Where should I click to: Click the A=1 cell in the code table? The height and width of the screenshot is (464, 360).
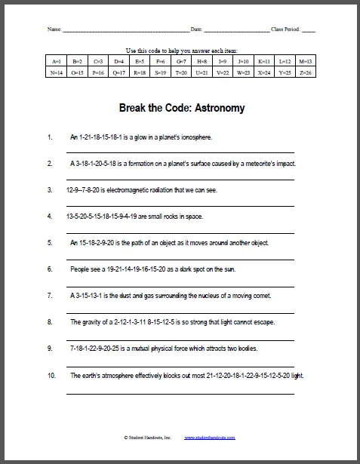click(x=57, y=60)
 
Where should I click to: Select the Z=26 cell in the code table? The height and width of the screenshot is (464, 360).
click(x=306, y=72)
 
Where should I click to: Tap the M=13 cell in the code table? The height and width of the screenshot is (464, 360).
click(x=306, y=60)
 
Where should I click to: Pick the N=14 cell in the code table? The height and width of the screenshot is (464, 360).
click(x=57, y=72)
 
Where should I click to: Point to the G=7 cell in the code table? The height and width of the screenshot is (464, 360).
click(x=181, y=60)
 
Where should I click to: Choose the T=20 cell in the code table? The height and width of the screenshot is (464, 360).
click(x=181, y=72)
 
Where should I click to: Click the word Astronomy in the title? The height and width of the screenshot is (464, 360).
click(x=220, y=108)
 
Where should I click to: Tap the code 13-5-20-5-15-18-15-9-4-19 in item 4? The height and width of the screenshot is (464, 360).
click(x=102, y=217)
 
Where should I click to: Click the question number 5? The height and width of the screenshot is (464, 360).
click(x=50, y=243)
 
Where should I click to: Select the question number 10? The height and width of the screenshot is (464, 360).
click(x=51, y=376)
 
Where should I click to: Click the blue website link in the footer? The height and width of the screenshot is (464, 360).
click(x=210, y=438)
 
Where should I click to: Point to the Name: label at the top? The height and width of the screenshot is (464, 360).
click(x=54, y=29)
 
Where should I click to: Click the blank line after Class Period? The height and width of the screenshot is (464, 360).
click(x=309, y=31)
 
